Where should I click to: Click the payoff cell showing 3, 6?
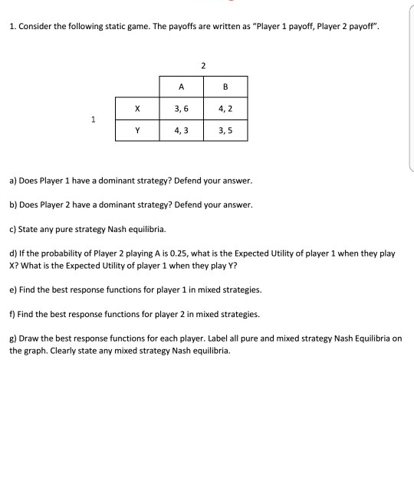coord(181,108)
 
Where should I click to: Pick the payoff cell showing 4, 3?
coord(181,130)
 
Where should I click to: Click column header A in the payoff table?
coord(181,87)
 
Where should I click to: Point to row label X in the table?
coord(137,108)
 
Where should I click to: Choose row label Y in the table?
coord(137,130)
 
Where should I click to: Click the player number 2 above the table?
coord(203,65)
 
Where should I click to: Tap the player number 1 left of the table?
coord(93,119)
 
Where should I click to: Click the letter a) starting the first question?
coord(13,182)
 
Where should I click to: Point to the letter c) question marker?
coord(13,229)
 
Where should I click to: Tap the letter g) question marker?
coord(13,338)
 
